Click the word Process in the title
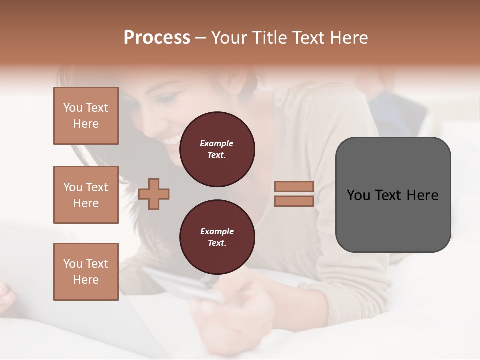[157, 38]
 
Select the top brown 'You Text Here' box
[86, 116]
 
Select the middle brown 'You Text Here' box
[86, 195]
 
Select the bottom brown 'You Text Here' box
[86, 272]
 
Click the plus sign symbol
[154, 194]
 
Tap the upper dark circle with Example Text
[217, 149]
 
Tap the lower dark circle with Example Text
[217, 237]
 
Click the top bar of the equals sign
[294, 187]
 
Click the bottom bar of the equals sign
[294, 201]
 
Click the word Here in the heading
[348, 38]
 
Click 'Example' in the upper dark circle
[217, 143]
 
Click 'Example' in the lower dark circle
[217, 231]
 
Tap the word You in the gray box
[359, 195]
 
